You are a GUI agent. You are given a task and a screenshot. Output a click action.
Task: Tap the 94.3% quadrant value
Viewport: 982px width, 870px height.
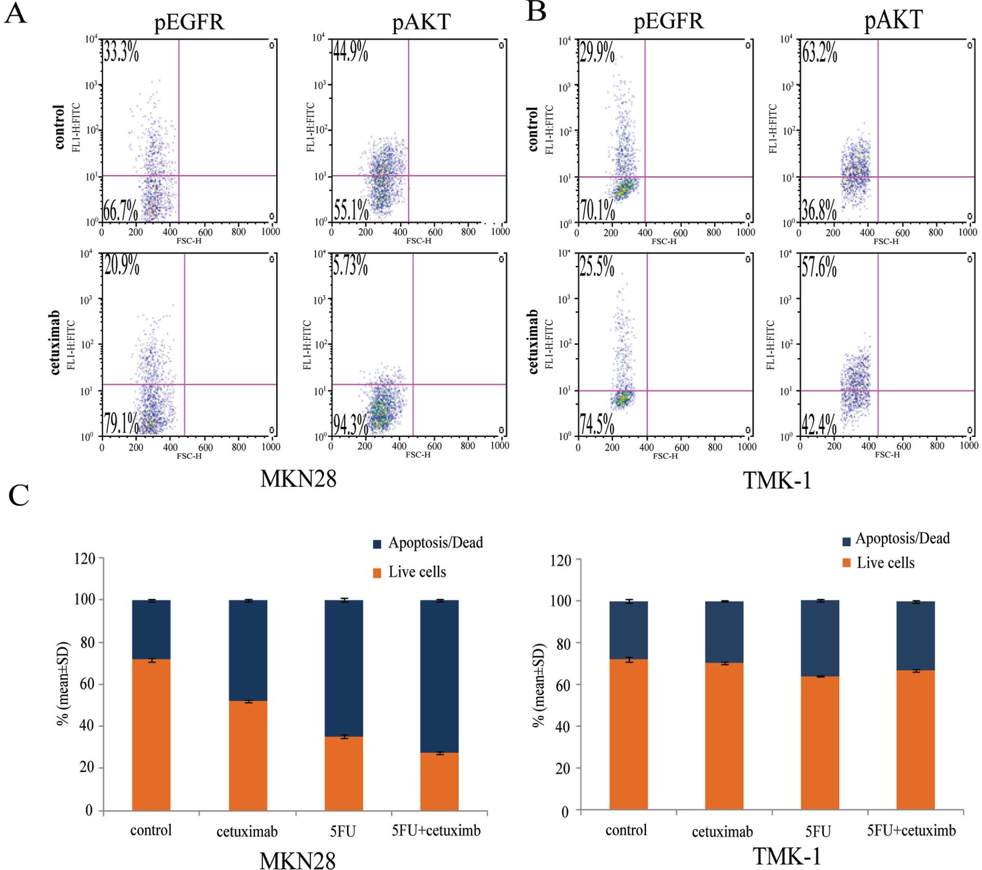(350, 424)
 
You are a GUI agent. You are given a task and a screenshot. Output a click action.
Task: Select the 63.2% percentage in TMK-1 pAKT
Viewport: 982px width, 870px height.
(819, 52)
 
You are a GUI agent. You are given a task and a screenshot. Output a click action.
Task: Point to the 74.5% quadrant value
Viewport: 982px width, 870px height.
(597, 424)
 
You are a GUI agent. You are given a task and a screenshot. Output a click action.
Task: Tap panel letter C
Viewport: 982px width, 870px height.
(19, 495)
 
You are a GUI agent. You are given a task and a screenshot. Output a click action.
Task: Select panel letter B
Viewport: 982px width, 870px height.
(536, 11)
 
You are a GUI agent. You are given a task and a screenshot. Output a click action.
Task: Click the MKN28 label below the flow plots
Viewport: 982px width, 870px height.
(298, 479)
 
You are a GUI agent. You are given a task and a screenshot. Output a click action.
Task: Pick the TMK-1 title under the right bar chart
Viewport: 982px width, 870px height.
(787, 856)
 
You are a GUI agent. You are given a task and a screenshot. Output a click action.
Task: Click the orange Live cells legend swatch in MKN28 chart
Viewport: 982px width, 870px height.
(378, 573)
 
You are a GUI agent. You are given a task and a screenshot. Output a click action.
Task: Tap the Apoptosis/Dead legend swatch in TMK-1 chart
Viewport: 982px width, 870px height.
(846, 541)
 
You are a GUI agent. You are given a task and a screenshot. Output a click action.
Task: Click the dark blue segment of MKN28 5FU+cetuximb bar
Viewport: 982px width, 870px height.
(439, 676)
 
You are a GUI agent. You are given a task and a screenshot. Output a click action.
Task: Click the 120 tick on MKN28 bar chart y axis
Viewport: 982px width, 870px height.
(85, 559)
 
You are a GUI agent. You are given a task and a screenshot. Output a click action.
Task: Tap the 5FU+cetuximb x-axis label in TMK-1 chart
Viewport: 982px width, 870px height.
(911, 831)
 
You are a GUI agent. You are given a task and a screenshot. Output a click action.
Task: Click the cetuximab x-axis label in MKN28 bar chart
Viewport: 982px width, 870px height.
(247, 832)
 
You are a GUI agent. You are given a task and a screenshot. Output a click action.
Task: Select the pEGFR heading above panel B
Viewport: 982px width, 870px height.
(668, 21)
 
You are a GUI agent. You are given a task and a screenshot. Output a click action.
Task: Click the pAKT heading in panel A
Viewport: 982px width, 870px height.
(421, 22)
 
